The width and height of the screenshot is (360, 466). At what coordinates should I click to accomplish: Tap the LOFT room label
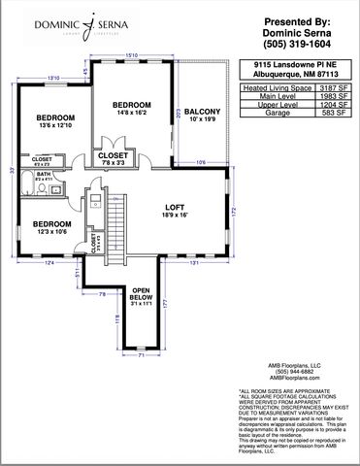175,207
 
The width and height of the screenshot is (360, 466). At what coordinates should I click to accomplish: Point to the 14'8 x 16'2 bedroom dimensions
132,114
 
